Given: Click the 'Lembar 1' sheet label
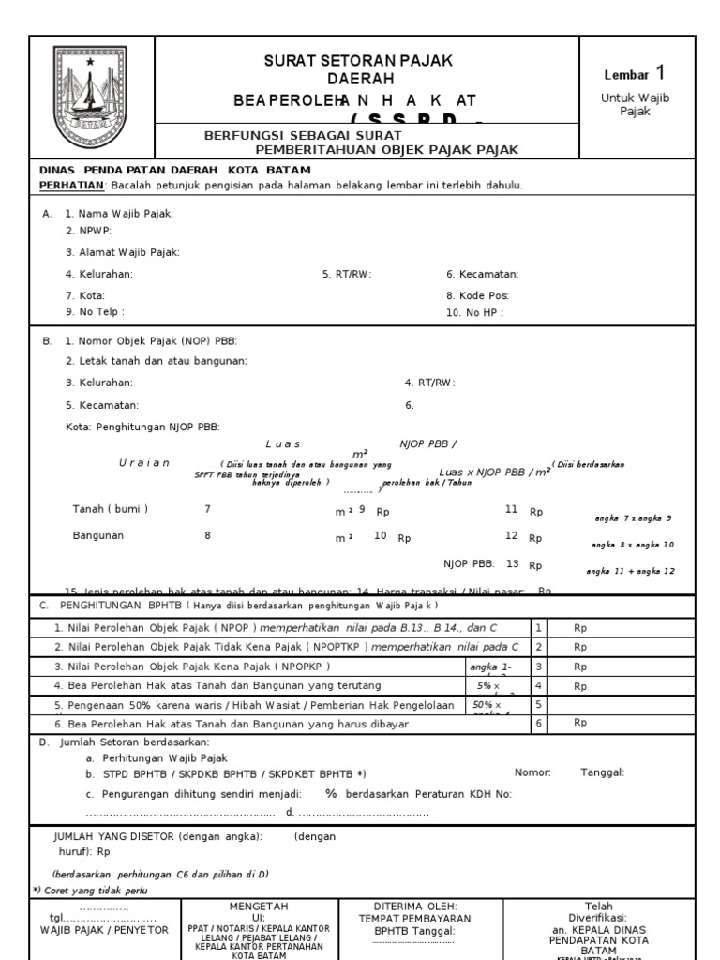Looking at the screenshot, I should pos(637,74).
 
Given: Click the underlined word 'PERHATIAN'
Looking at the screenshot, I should pos(71,186).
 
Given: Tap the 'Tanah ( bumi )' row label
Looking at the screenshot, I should pos(110,509).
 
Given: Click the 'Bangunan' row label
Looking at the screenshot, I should pos(98,536).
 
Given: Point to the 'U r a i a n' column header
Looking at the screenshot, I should pos(144,463).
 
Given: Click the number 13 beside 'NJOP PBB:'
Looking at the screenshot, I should pos(512,564).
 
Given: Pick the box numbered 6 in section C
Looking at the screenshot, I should pos(539,724).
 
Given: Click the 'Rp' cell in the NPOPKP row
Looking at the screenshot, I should pos(580,667).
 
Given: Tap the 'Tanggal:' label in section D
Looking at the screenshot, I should pos(602,772).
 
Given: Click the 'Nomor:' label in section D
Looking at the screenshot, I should pos(532,772).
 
